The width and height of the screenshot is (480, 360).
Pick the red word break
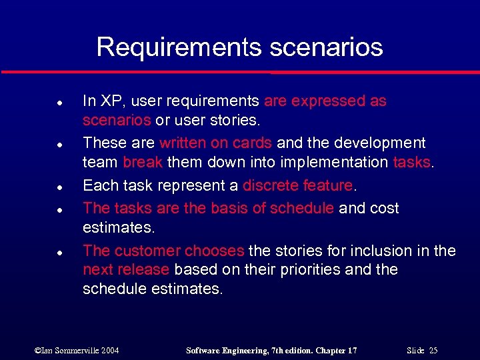[143, 162]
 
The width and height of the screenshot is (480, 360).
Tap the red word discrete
[269, 185]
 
